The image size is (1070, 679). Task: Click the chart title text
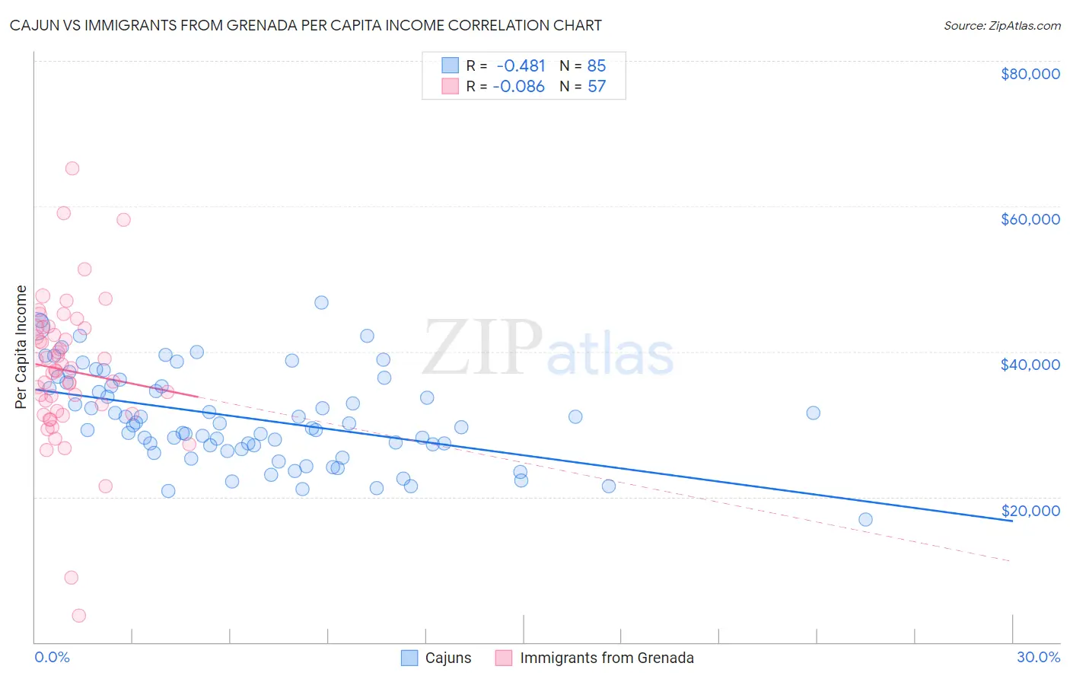click(x=305, y=26)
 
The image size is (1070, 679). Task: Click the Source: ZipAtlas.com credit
click(x=1002, y=26)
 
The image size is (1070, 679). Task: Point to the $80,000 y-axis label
click(x=1030, y=74)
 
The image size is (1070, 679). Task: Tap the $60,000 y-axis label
click(x=1030, y=219)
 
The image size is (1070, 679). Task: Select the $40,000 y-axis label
click(x=1030, y=365)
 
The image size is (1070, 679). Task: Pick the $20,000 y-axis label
click(x=1030, y=511)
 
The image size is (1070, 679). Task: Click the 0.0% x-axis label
click(x=52, y=658)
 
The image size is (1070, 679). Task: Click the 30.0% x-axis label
click(x=1038, y=658)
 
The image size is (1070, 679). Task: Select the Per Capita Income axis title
click(x=21, y=346)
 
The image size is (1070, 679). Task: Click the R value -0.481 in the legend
click(x=521, y=66)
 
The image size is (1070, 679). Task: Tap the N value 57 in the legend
click(x=597, y=87)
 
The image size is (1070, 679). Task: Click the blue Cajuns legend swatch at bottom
click(x=409, y=658)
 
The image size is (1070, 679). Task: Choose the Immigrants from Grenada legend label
click(x=607, y=658)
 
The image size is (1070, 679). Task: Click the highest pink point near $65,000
click(x=72, y=168)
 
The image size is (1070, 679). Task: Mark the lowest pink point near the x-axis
click(x=78, y=616)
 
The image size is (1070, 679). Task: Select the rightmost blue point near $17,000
click(x=865, y=519)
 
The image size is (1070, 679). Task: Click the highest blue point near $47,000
click(x=321, y=302)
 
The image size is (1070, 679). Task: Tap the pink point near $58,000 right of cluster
click(x=123, y=219)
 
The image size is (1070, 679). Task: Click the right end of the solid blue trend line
click(x=1011, y=521)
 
